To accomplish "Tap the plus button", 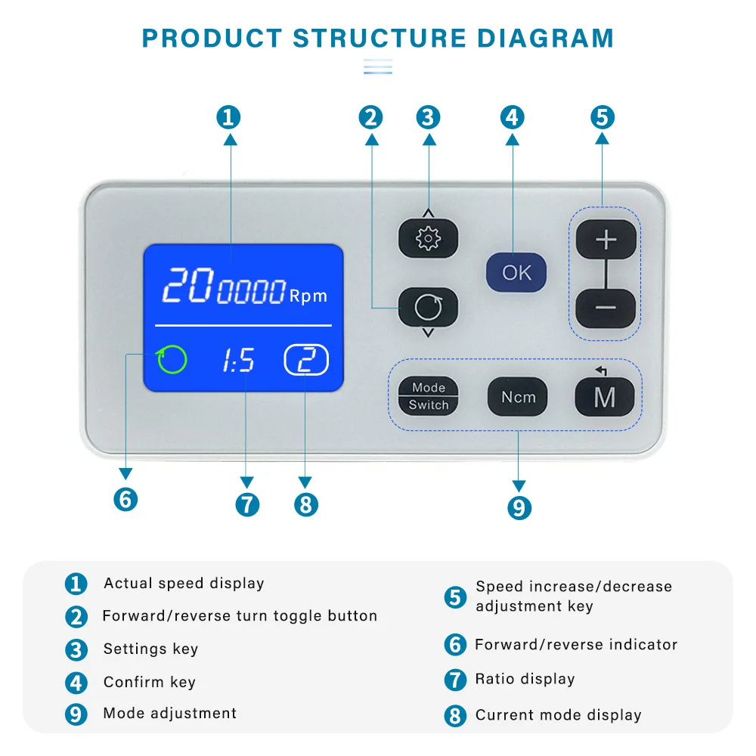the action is coord(606,240).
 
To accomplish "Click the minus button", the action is coord(606,308).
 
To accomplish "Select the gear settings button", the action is coord(428,238).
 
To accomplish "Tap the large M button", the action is coord(605,397).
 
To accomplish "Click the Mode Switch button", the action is coord(428,396).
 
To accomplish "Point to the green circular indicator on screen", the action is coord(172,359).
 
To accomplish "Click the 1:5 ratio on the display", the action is coord(238,360).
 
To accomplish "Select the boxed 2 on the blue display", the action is coord(306,360).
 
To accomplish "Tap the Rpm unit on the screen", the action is coord(308,296).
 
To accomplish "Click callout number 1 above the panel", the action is coord(228,117).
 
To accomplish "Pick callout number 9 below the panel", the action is coord(519,508).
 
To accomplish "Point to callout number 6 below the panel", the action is coord(125,499).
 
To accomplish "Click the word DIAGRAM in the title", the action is coord(545,38).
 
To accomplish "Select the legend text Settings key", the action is coord(151,649).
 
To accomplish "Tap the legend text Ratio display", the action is coord(525,679).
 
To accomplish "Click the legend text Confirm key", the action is coord(150,682).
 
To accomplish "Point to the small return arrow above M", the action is coord(601,370).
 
